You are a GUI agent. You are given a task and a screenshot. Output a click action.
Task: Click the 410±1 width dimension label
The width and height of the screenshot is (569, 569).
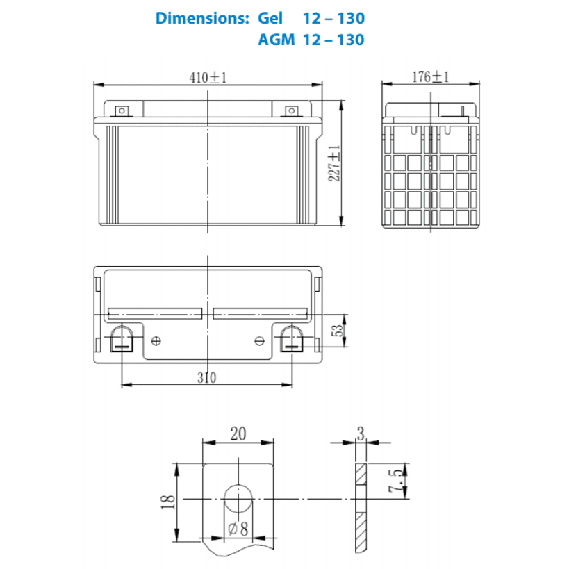[208, 77]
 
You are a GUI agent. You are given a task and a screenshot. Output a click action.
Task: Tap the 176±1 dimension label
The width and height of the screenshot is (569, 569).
[431, 76]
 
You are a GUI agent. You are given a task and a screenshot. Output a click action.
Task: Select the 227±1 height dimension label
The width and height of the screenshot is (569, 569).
[334, 163]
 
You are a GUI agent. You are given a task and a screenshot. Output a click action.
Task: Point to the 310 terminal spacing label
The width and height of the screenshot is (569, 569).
[207, 378]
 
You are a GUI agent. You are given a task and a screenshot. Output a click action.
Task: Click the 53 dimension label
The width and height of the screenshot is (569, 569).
[337, 330]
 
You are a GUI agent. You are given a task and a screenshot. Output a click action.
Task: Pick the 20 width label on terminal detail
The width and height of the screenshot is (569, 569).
[238, 434]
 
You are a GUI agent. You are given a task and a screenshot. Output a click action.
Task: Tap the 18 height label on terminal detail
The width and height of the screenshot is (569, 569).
[168, 502]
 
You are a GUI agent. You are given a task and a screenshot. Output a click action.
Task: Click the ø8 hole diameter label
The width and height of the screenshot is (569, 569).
[238, 529]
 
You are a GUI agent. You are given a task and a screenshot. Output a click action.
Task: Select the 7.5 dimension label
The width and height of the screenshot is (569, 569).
[395, 481]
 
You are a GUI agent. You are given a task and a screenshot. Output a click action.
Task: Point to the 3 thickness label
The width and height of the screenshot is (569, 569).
[361, 434]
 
